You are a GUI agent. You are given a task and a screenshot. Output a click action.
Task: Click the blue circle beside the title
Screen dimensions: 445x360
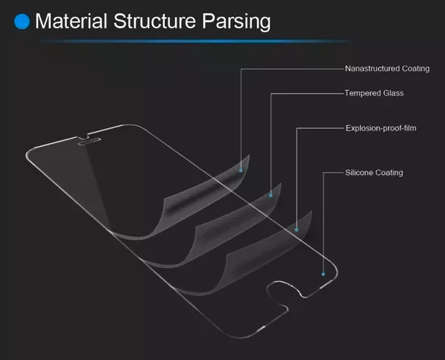coord(22,22)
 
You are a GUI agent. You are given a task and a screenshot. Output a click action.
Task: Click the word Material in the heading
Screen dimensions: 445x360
coord(72,21)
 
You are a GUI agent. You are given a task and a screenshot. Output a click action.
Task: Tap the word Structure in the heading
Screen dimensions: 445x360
coord(155,21)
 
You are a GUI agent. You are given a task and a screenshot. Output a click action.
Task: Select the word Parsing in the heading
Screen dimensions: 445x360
coord(236,22)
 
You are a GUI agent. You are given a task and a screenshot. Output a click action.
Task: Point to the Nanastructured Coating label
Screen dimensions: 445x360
coord(387,69)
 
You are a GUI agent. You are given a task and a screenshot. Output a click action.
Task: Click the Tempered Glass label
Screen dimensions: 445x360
coord(374,93)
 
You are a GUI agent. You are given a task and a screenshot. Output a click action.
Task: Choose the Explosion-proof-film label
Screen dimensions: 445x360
coord(381,128)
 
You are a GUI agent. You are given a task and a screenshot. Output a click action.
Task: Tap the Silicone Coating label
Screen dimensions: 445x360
coord(374,173)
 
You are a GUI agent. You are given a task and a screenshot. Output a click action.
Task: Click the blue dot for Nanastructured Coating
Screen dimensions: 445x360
coord(241,171)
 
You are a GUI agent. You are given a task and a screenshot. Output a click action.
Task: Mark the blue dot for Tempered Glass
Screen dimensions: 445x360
coord(271,195)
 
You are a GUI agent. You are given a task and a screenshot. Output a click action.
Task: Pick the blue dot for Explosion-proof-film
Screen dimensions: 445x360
coord(297,230)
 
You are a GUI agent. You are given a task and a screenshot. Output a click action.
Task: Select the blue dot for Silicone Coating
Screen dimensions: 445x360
coord(324,274)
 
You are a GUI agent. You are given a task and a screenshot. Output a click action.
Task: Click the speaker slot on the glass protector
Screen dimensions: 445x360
coord(89,142)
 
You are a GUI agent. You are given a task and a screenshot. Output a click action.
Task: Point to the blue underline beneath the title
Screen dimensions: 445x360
coord(195,42)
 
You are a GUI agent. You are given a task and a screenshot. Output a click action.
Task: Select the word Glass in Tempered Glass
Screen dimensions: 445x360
coord(394,93)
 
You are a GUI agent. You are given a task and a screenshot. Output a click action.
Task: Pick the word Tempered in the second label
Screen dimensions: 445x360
coord(363,94)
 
